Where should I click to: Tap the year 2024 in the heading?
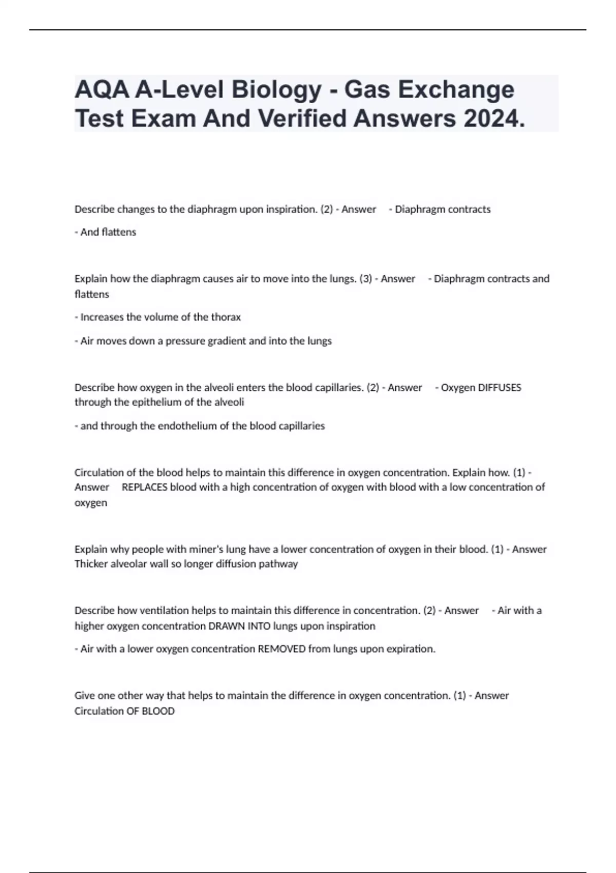[x=494, y=119]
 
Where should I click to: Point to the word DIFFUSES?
[x=499, y=388]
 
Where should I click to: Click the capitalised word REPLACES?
[x=144, y=487]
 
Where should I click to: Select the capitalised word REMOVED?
[x=281, y=649]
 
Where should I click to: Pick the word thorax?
[x=225, y=317]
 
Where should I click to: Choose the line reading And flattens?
[x=105, y=232]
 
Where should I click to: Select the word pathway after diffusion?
[x=280, y=564]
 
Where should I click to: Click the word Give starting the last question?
[x=85, y=696]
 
